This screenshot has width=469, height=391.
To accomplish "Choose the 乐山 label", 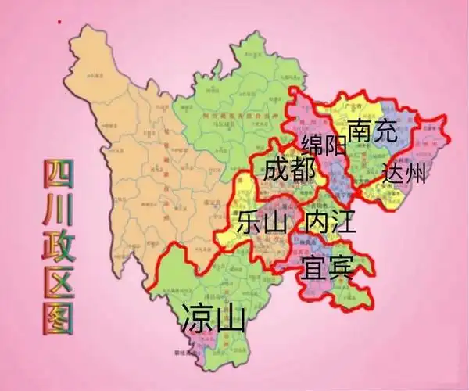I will point(263,222).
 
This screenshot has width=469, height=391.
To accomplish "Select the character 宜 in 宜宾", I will point(312,268).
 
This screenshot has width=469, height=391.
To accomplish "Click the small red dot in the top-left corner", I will point(57,24).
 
